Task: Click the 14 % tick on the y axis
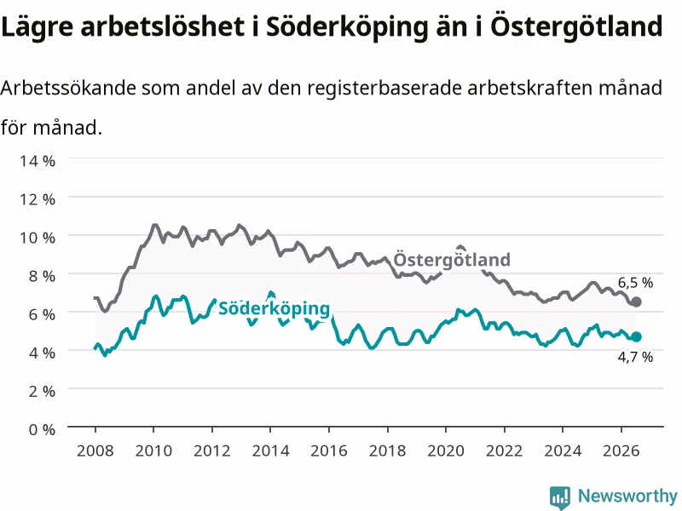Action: point(38,161)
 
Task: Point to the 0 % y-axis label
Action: point(42,429)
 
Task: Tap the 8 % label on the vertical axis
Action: point(42,276)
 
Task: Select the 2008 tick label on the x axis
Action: point(95,451)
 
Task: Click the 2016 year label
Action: point(329,451)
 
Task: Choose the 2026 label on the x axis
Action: point(621,451)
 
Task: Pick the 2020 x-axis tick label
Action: point(446,451)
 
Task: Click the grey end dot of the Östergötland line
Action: point(636,302)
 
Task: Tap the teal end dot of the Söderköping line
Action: point(636,336)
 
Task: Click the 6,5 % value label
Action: point(635,283)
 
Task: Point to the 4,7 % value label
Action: point(635,357)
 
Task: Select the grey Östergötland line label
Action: point(452,260)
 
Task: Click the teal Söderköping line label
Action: point(274,308)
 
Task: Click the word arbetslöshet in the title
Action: point(163,26)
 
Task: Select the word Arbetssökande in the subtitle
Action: point(69,88)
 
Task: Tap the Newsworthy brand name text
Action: point(627,496)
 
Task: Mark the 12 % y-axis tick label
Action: point(38,199)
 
